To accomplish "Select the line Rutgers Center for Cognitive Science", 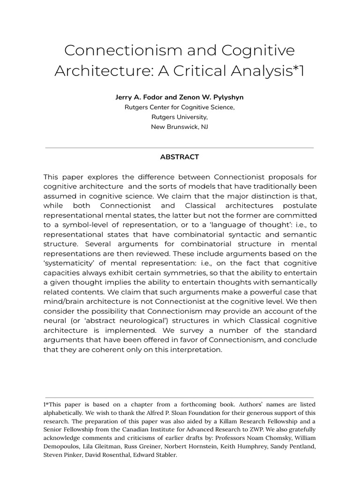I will [x=180, y=107].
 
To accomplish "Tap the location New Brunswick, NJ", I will [x=180, y=127].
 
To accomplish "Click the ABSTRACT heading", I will [x=180, y=157].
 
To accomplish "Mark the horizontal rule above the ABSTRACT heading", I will [x=180, y=148].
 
